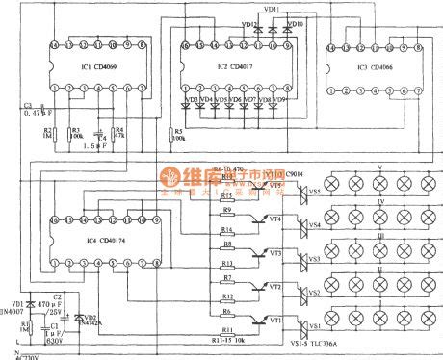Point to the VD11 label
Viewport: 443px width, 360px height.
(271, 9)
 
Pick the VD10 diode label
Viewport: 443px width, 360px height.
(295, 22)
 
